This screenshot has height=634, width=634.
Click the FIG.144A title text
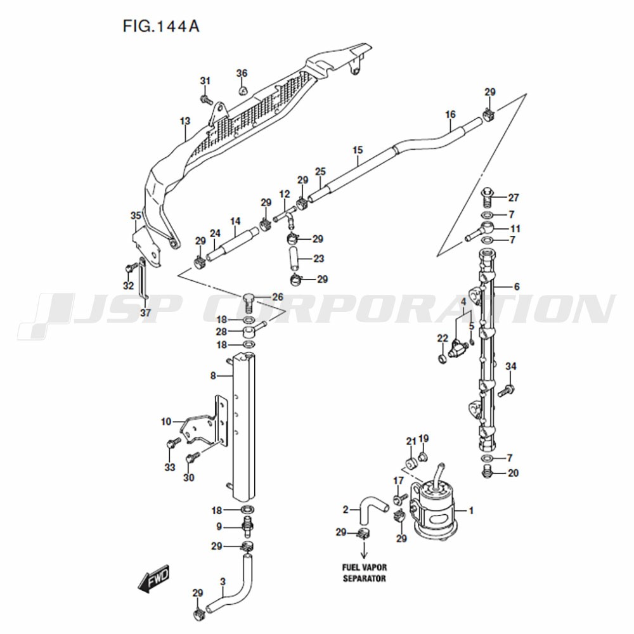161,26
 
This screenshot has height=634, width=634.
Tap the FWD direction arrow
153,579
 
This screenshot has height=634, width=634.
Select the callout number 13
184,121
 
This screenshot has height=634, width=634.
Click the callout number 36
242,73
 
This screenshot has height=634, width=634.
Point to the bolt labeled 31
206,99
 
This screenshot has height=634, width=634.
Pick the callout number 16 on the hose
450,114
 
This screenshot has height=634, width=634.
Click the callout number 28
221,332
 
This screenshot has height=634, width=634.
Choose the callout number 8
213,376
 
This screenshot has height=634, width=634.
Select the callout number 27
514,198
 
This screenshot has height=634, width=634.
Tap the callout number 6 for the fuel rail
517,287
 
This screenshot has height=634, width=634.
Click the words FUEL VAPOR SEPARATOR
365,573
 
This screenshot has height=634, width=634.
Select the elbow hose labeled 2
372,506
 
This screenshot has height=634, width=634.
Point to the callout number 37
146,313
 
